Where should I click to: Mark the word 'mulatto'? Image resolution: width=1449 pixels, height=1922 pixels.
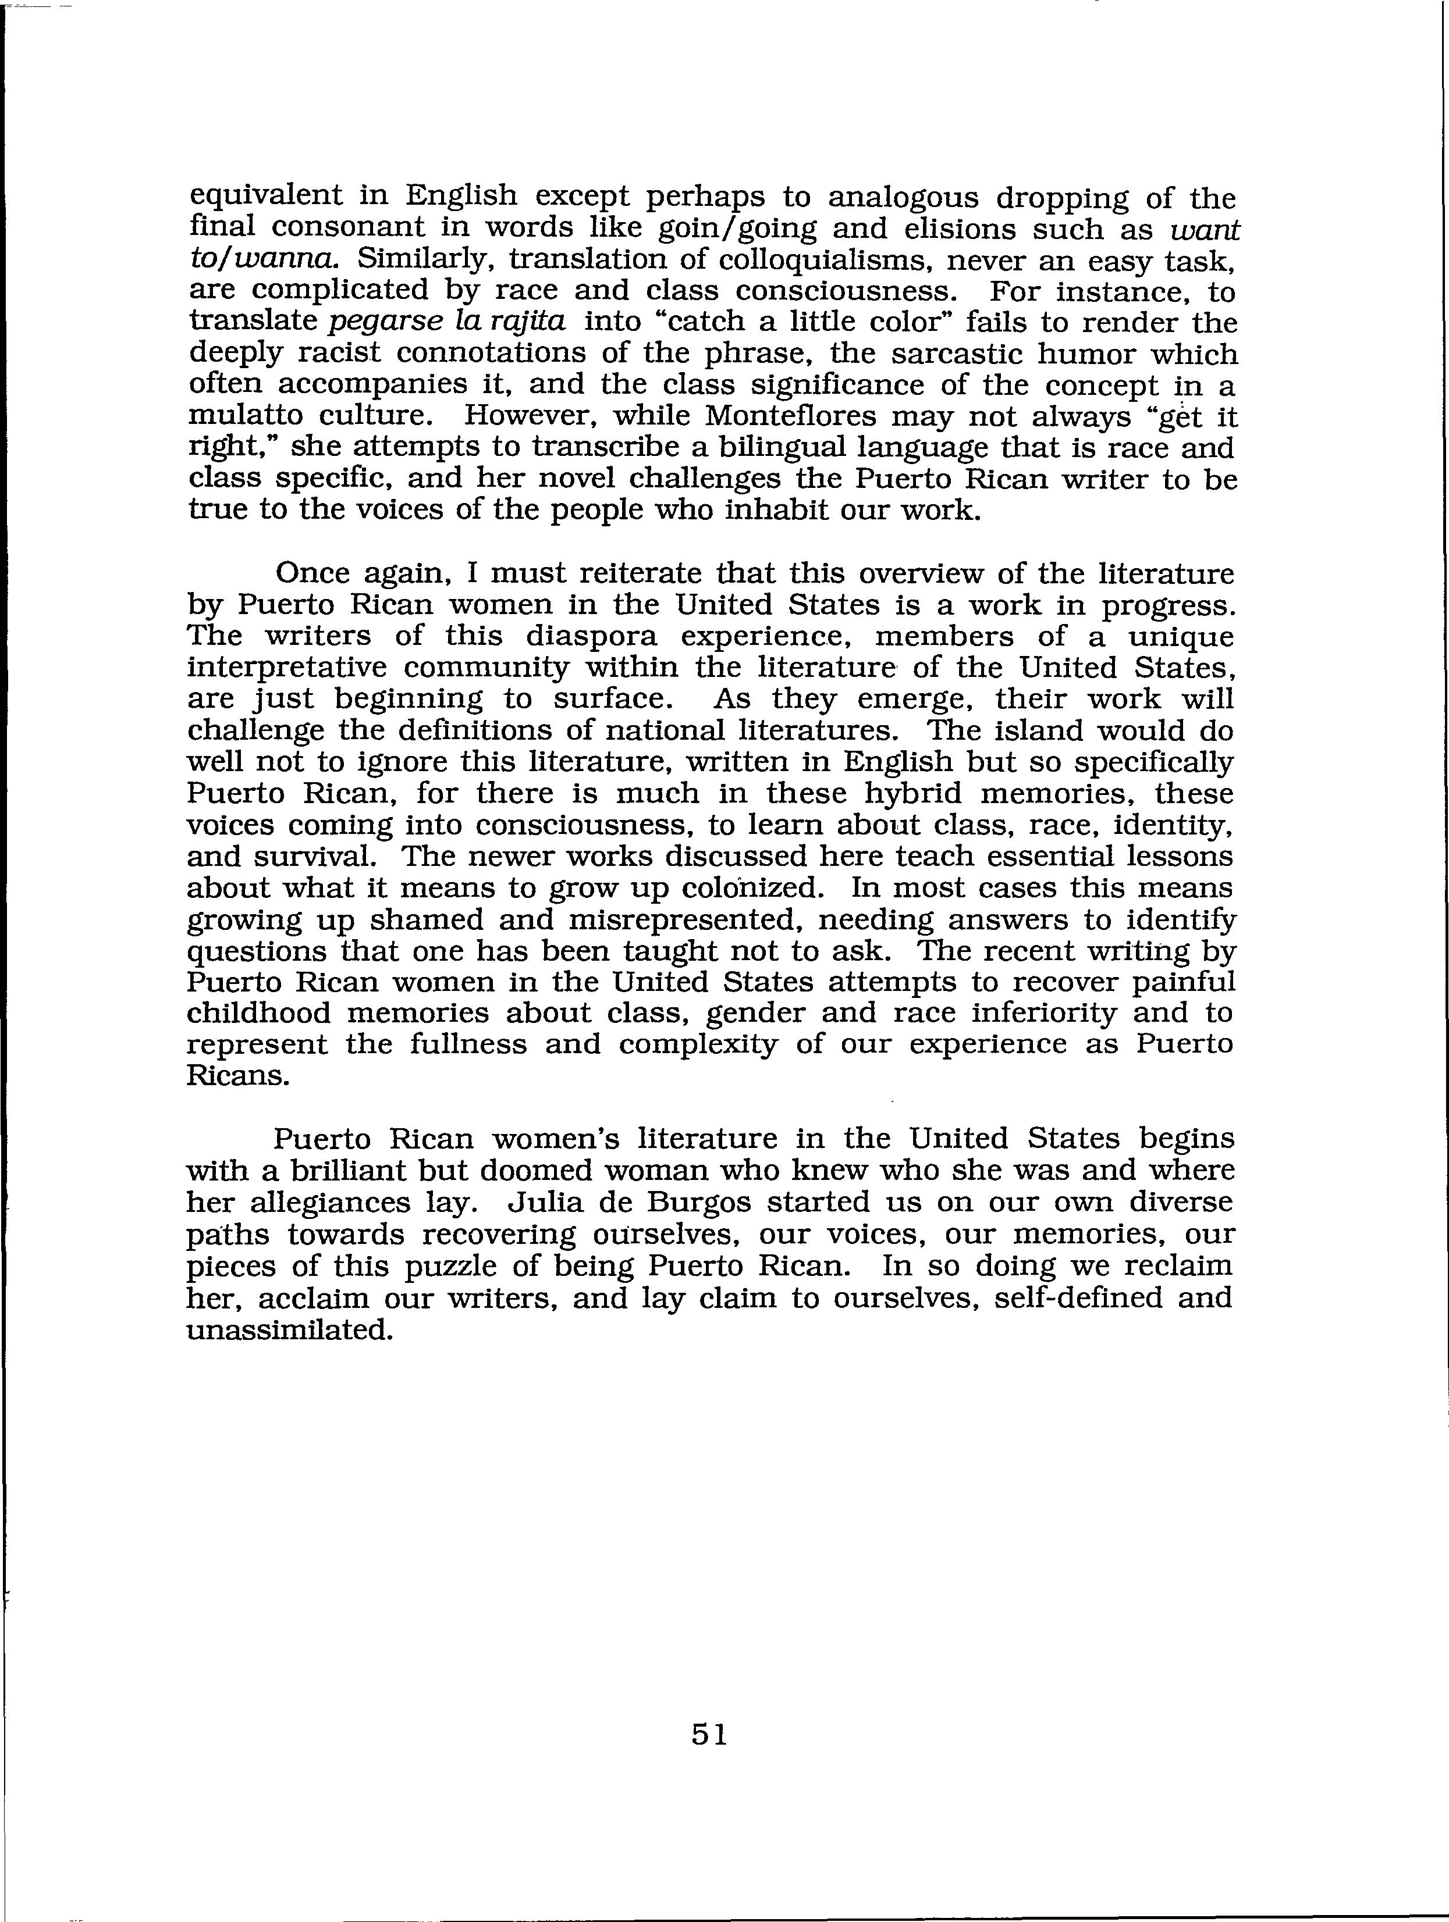pos(243,417)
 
